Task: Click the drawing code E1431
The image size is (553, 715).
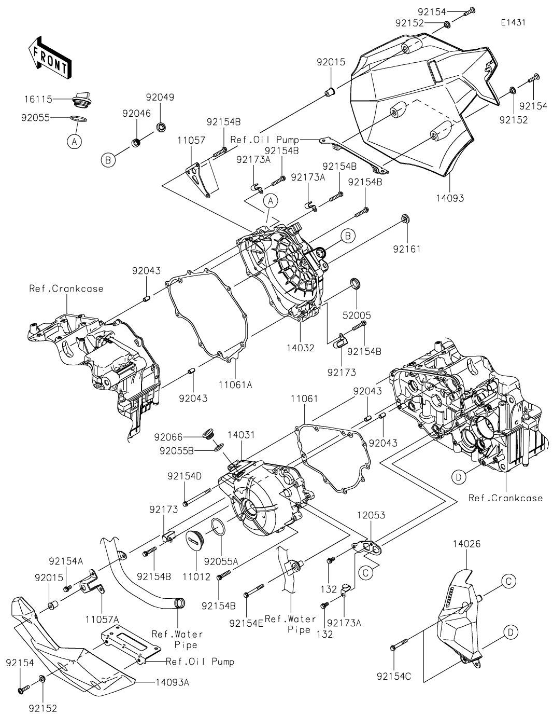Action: pyautogui.click(x=513, y=23)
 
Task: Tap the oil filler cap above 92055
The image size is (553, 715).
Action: pyautogui.click(x=79, y=99)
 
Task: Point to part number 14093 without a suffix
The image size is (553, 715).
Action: pyautogui.click(x=449, y=198)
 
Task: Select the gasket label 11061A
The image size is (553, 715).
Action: pyautogui.click(x=235, y=384)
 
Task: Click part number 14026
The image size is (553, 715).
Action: pyautogui.click(x=466, y=544)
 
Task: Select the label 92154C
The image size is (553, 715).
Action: pyautogui.click(x=394, y=676)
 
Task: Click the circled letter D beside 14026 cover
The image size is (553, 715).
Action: pyautogui.click(x=511, y=631)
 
